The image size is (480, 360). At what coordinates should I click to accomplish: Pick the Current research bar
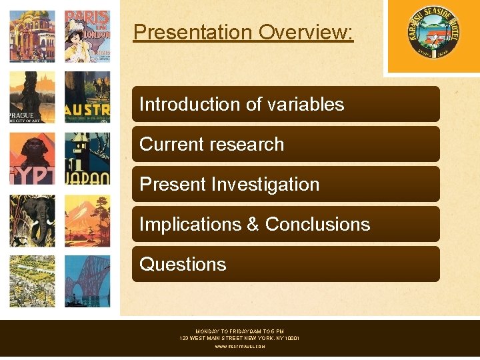[x=285, y=145]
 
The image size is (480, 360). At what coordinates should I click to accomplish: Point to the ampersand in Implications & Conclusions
[x=253, y=225]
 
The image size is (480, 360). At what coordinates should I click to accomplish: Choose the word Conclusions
[x=317, y=225]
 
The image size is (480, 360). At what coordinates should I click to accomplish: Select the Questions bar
[x=285, y=265]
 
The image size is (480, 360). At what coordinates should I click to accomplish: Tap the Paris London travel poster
[x=87, y=36]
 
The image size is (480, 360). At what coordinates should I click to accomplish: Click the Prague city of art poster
[x=32, y=97]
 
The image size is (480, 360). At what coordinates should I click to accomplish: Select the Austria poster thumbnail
[x=87, y=97]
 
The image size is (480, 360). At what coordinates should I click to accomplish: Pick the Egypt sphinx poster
[x=32, y=159]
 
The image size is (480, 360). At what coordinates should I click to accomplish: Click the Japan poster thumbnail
[x=87, y=159]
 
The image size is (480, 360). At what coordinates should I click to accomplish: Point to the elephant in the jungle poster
[x=32, y=221]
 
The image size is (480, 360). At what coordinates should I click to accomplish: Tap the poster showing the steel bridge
[x=87, y=281]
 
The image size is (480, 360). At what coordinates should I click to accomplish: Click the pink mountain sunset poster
[x=87, y=221]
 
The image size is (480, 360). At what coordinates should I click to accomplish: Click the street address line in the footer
[x=239, y=339]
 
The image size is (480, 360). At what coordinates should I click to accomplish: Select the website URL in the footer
[x=239, y=347]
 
